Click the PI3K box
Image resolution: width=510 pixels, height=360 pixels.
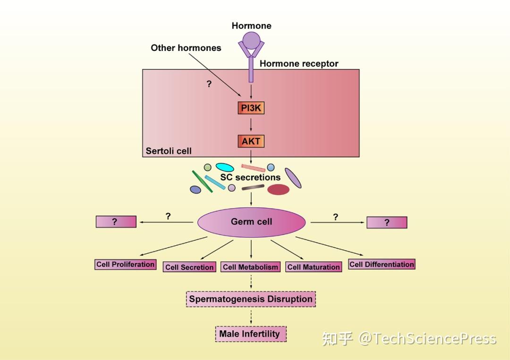[x=251, y=108]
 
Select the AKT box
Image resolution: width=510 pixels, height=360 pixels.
[x=251, y=141]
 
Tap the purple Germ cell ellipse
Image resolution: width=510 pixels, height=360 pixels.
[x=251, y=222]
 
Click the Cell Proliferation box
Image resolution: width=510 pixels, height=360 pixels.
[x=126, y=265]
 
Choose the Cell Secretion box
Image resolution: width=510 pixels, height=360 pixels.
[x=189, y=267]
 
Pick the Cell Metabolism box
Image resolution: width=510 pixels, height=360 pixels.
[x=251, y=267]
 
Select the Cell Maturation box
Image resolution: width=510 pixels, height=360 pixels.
[x=314, y=267]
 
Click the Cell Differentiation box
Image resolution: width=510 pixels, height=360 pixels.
[x=382, y=265]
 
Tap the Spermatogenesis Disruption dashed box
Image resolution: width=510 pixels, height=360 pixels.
[x=251, y=299]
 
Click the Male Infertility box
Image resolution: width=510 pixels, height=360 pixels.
[x=251, y=334]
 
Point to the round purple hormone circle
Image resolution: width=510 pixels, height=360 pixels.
[x=251, y=41]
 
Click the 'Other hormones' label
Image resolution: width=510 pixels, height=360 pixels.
[x=186, y=48]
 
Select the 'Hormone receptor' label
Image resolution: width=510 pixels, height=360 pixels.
[x=299, y=64]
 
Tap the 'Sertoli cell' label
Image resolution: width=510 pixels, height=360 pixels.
[x=169, y=151]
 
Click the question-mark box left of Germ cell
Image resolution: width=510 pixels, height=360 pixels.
[x=116, y=222]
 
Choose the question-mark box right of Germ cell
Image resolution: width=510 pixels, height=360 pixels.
[x=387, y=222]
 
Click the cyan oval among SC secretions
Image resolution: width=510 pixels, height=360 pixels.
[x=225, y=167]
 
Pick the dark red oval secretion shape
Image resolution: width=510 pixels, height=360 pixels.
[x=278, y=190]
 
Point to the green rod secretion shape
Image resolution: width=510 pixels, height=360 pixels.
[x=202, y=182]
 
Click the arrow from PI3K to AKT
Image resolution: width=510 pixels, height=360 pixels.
[x=251, y=125]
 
